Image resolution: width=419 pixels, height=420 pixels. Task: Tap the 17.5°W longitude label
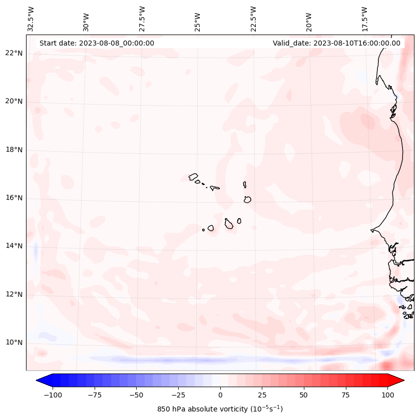pos(364,18)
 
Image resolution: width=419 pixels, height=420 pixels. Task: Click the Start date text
pos(97,43)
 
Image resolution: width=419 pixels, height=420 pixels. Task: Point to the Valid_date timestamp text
pos(336,43)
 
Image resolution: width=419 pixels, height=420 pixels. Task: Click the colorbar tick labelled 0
pos(220,395)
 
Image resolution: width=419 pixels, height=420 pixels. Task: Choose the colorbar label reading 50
pos(304,395)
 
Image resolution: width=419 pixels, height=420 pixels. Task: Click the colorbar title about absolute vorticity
pos(220,409)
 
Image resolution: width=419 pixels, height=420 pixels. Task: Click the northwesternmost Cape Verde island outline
pos(193,177)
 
